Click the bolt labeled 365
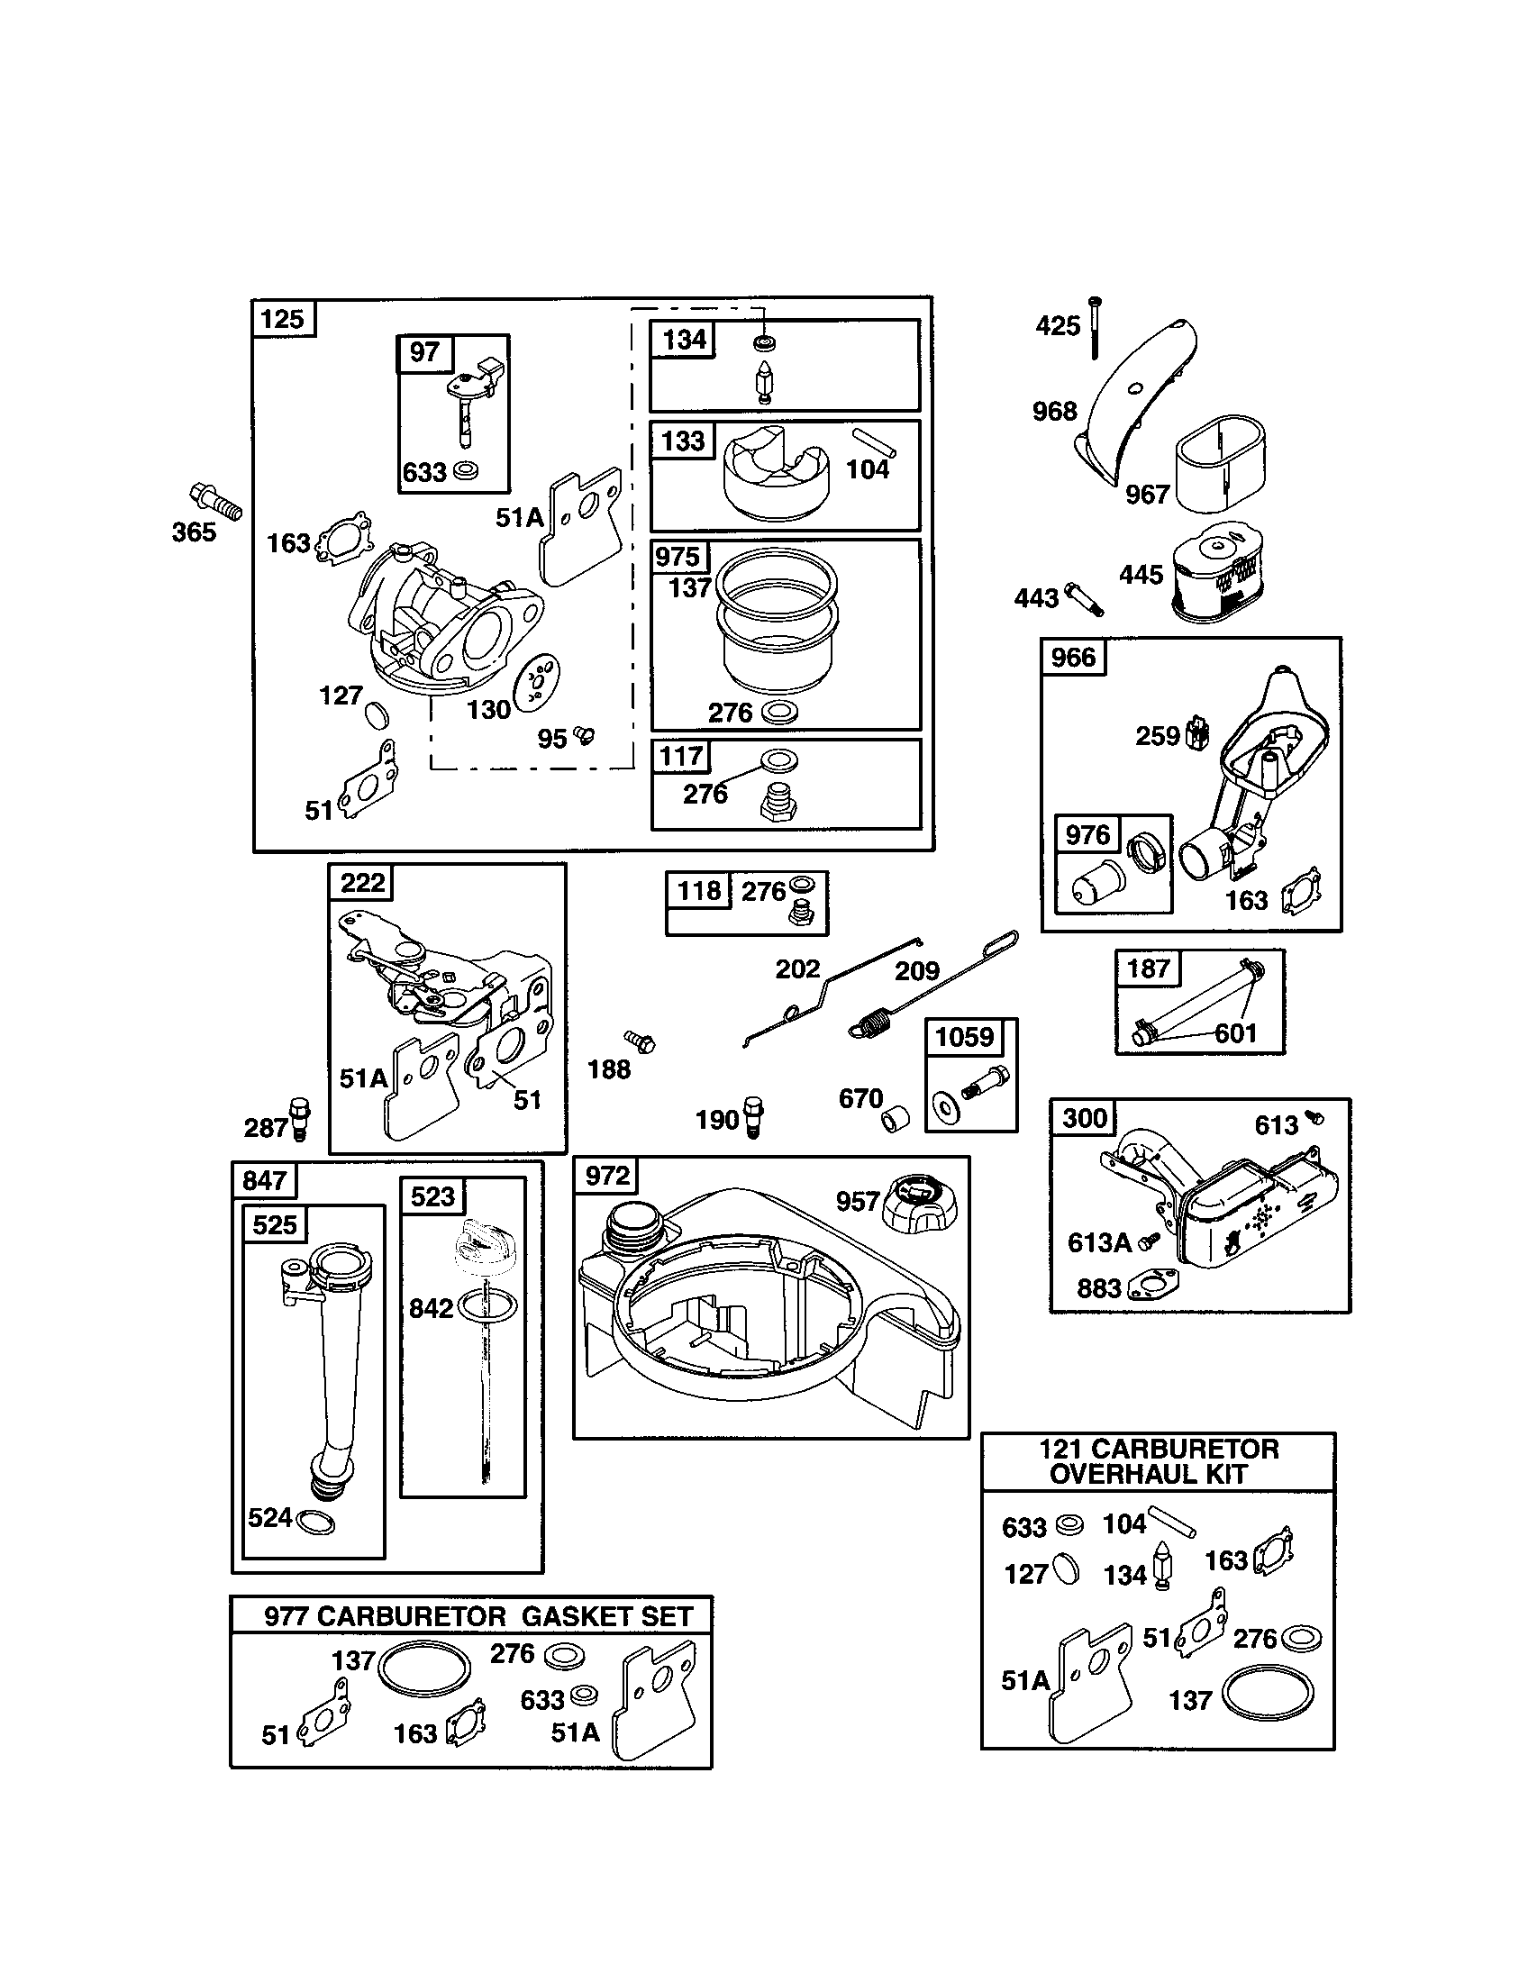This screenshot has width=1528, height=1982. pos(216,501)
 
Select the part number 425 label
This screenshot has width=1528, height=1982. pos(1057,326)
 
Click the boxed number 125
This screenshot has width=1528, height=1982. pos(283,320)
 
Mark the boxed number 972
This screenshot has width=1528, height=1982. pos(607,1176)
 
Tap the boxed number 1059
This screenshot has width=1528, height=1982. pos(965,1037)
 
